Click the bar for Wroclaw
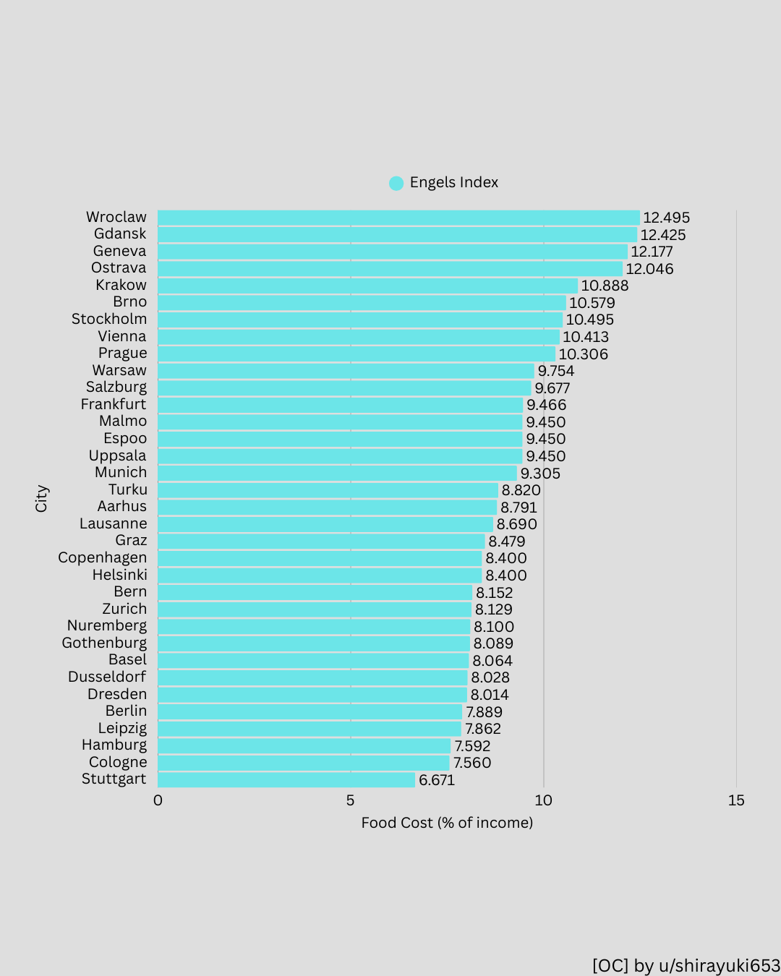(x=398, y=218)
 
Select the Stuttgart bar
(x=286, y=780)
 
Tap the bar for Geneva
(x=393, y=252)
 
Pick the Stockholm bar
(x=360, y=320)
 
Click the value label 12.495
(x=666, y=218)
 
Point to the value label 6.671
(x=437, y=780)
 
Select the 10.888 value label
(x=605, y=286)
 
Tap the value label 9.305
(x=540, y=474)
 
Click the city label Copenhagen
(x=103, y=558)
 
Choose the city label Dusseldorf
(x=107, y=677)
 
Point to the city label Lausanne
(x=114, y=524)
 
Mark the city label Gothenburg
(x=104, y=643)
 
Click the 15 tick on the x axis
(x=736, y=800)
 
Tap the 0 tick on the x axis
(x=158, y=800)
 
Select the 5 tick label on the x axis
(x=350, y=800)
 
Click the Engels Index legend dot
(x=396, y=183)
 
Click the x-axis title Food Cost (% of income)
(x=447, y=823)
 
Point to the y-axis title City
(x=41, y=498)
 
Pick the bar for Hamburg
(x=304, y=746)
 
